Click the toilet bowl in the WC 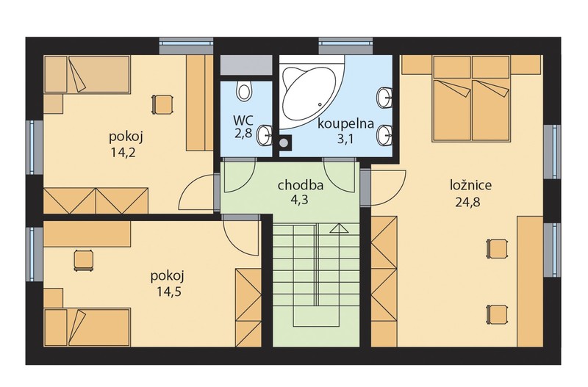point(245,90)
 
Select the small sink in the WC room point(265,135)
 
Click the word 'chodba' point(301,186)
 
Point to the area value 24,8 point(467,202)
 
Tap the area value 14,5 point(169,292)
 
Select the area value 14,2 point(123,152)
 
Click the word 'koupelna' point(345,123)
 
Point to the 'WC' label point(243,120)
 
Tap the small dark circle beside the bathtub point(284,142)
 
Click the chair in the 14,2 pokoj point(162,104)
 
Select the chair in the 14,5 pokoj point(83,260)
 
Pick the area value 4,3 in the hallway point(299,200)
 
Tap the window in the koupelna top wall point(345,46)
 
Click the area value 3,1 point(345,139)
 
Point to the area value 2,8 point(243,134)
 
